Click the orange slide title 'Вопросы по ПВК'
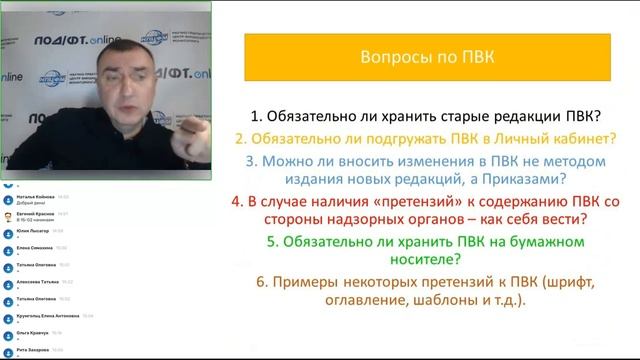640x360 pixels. click(x=425, y=58)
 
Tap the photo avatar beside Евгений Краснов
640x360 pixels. click(x=7, y=216)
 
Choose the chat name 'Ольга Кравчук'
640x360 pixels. click(x=29, y=331)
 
